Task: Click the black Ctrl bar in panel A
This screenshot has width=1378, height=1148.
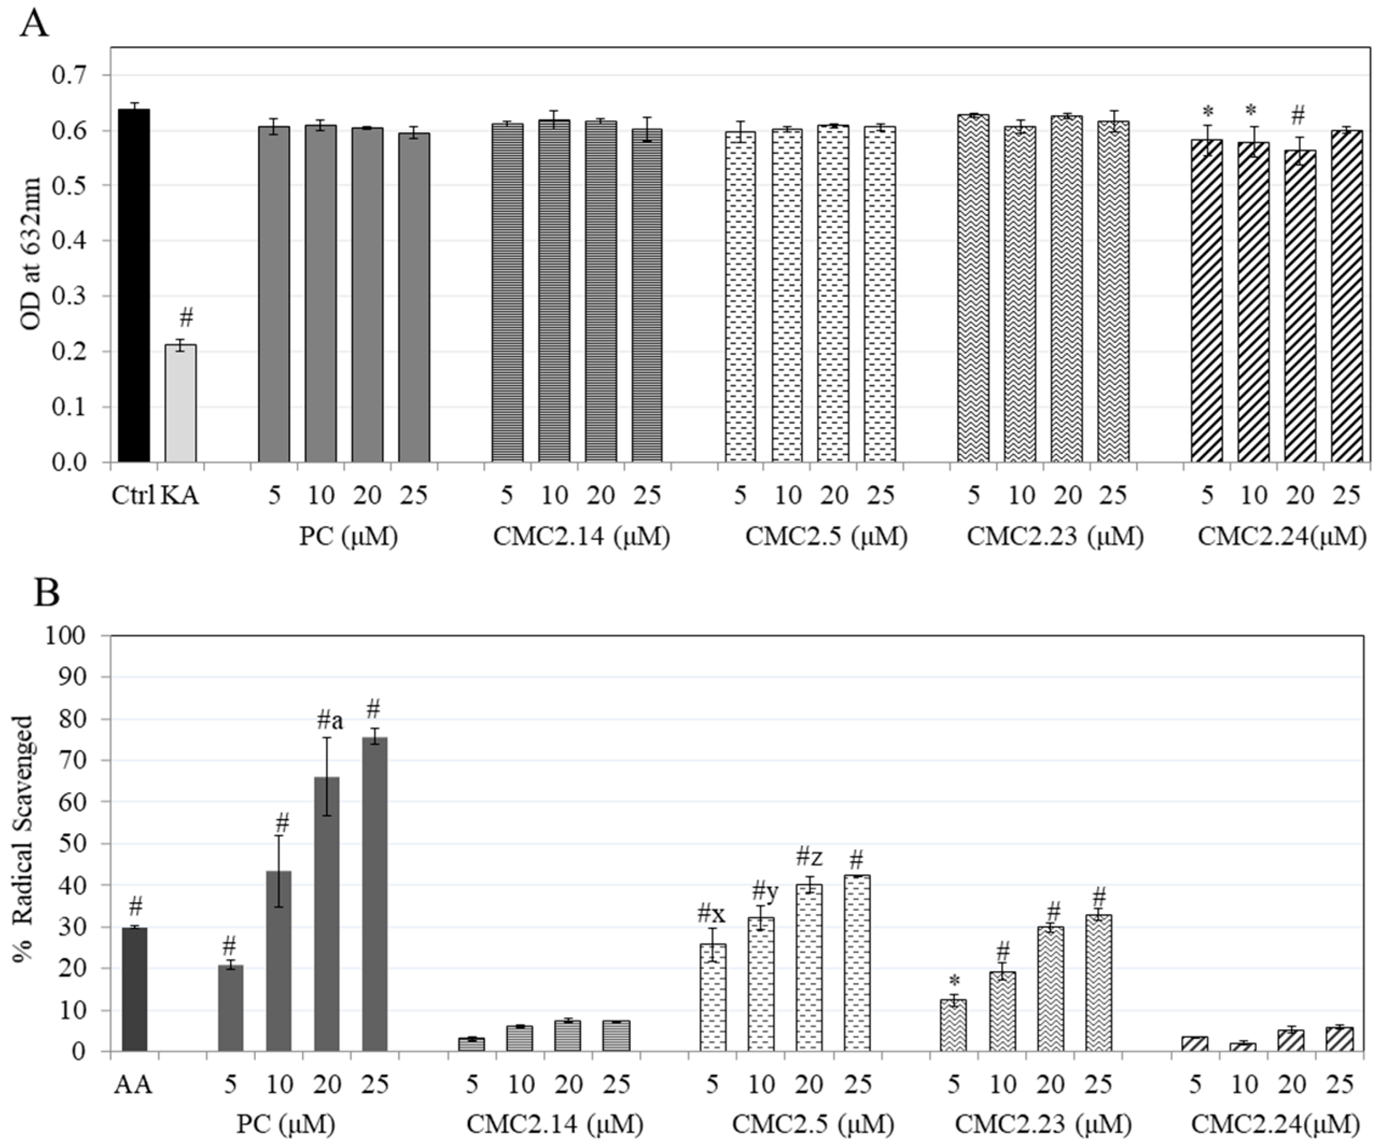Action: point(134,285)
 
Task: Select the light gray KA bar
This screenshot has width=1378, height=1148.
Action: point(180,404)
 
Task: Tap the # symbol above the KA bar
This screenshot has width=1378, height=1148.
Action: point(186,319)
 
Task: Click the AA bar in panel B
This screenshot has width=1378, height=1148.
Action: point(135,990)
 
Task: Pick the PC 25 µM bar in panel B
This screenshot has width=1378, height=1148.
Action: point(375,895)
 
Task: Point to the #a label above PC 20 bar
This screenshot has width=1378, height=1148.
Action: point(330,722)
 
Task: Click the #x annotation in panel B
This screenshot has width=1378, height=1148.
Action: point(711,913)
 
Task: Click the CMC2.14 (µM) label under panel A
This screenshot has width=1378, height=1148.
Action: point(582,537)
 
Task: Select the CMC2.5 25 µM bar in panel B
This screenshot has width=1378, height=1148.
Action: point(857,964)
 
